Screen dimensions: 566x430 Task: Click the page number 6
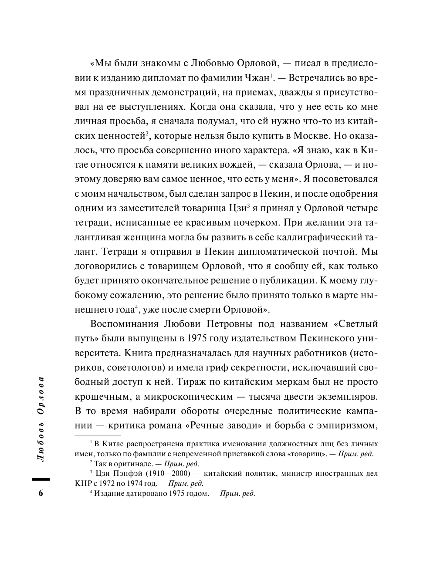(x=41, y=494)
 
